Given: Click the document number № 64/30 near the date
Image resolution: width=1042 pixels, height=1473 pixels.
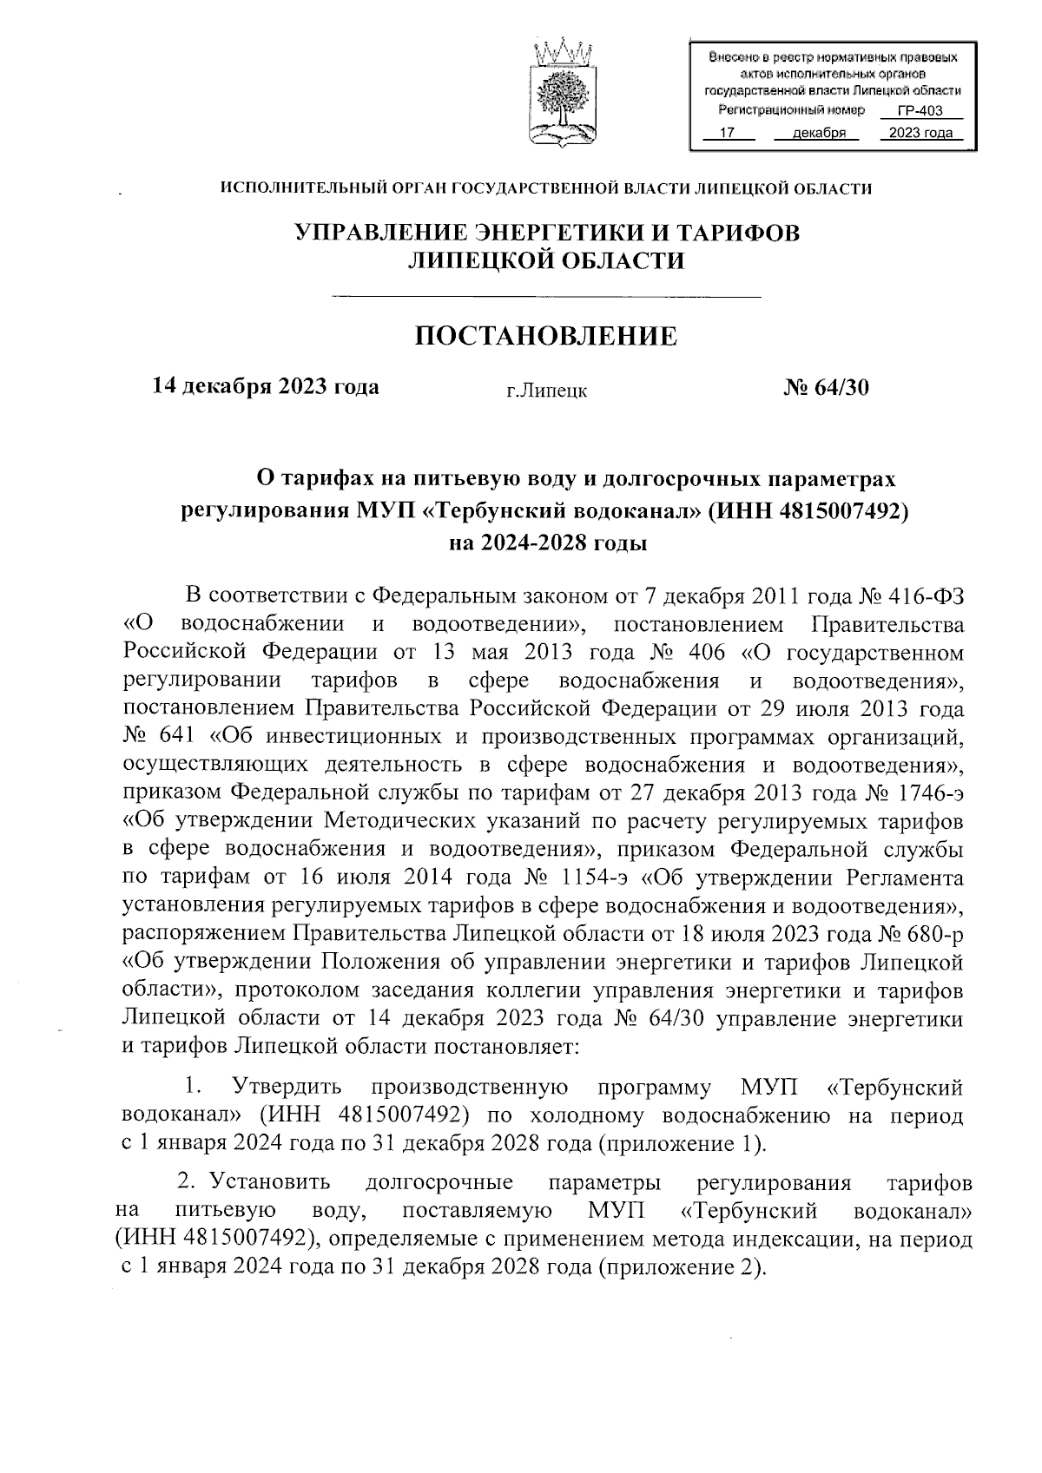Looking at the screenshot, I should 826,387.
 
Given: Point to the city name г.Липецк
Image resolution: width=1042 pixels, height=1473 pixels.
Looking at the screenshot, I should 547,391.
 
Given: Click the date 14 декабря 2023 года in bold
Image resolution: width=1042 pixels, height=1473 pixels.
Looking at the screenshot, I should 266,386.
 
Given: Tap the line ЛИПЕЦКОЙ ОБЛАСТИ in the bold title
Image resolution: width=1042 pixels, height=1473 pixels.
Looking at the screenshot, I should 546,260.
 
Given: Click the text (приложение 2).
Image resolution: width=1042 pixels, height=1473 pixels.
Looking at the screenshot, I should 683,1266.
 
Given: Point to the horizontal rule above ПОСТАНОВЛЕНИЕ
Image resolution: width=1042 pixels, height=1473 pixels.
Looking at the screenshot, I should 546,299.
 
